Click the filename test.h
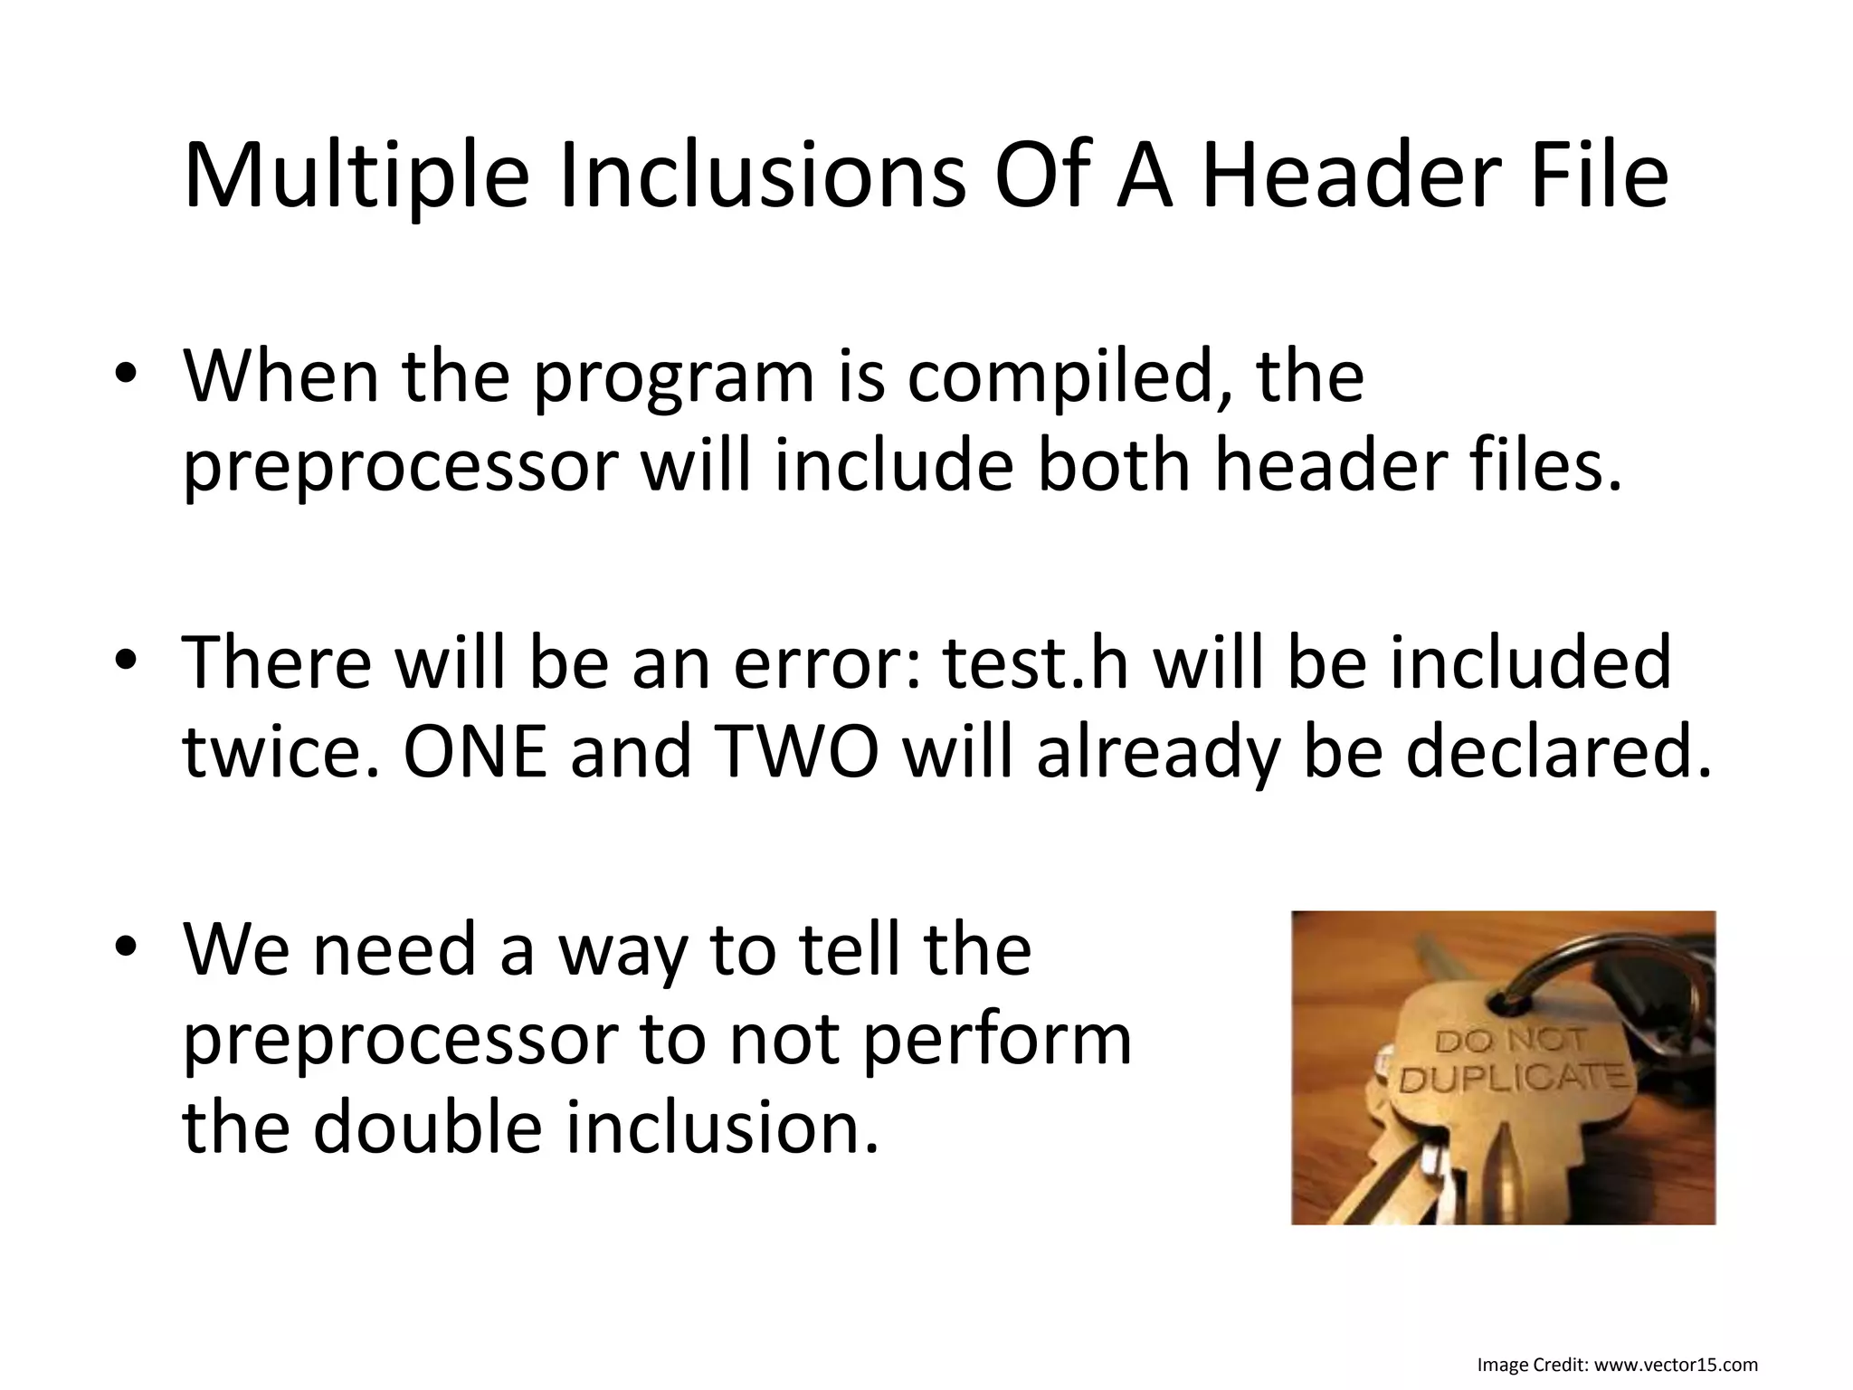point(1036,663)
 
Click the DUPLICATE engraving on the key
point(1516,1079)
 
